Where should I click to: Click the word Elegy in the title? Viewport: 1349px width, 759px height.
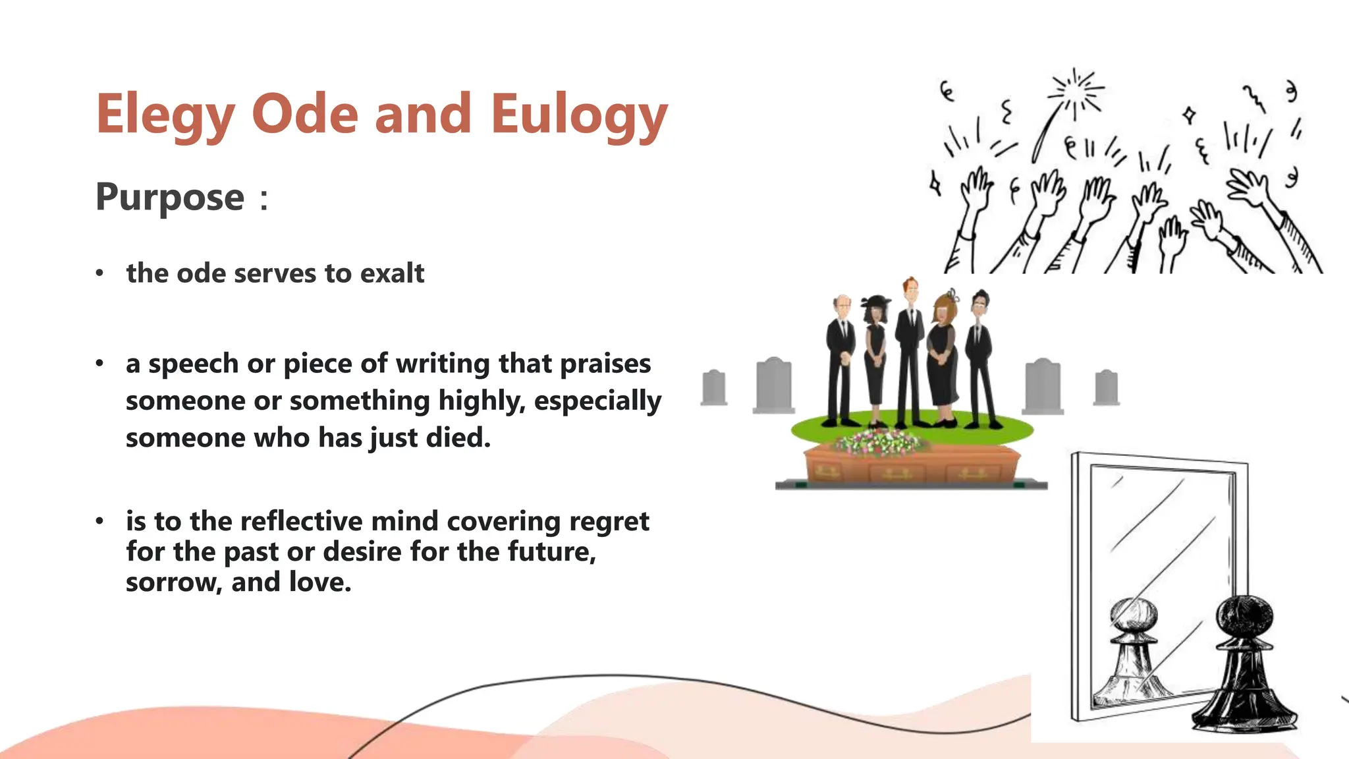coord(165,115)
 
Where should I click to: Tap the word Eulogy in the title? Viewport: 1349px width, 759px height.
coord(579,115)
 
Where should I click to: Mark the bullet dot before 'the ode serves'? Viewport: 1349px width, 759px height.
coord(99,273)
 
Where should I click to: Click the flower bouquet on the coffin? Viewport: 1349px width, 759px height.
coord(879,441)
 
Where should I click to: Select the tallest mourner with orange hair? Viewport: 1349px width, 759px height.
coord(910,349)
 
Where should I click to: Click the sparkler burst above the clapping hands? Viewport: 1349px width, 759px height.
coord(1077,92)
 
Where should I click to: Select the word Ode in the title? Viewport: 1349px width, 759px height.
coord(305,115)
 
